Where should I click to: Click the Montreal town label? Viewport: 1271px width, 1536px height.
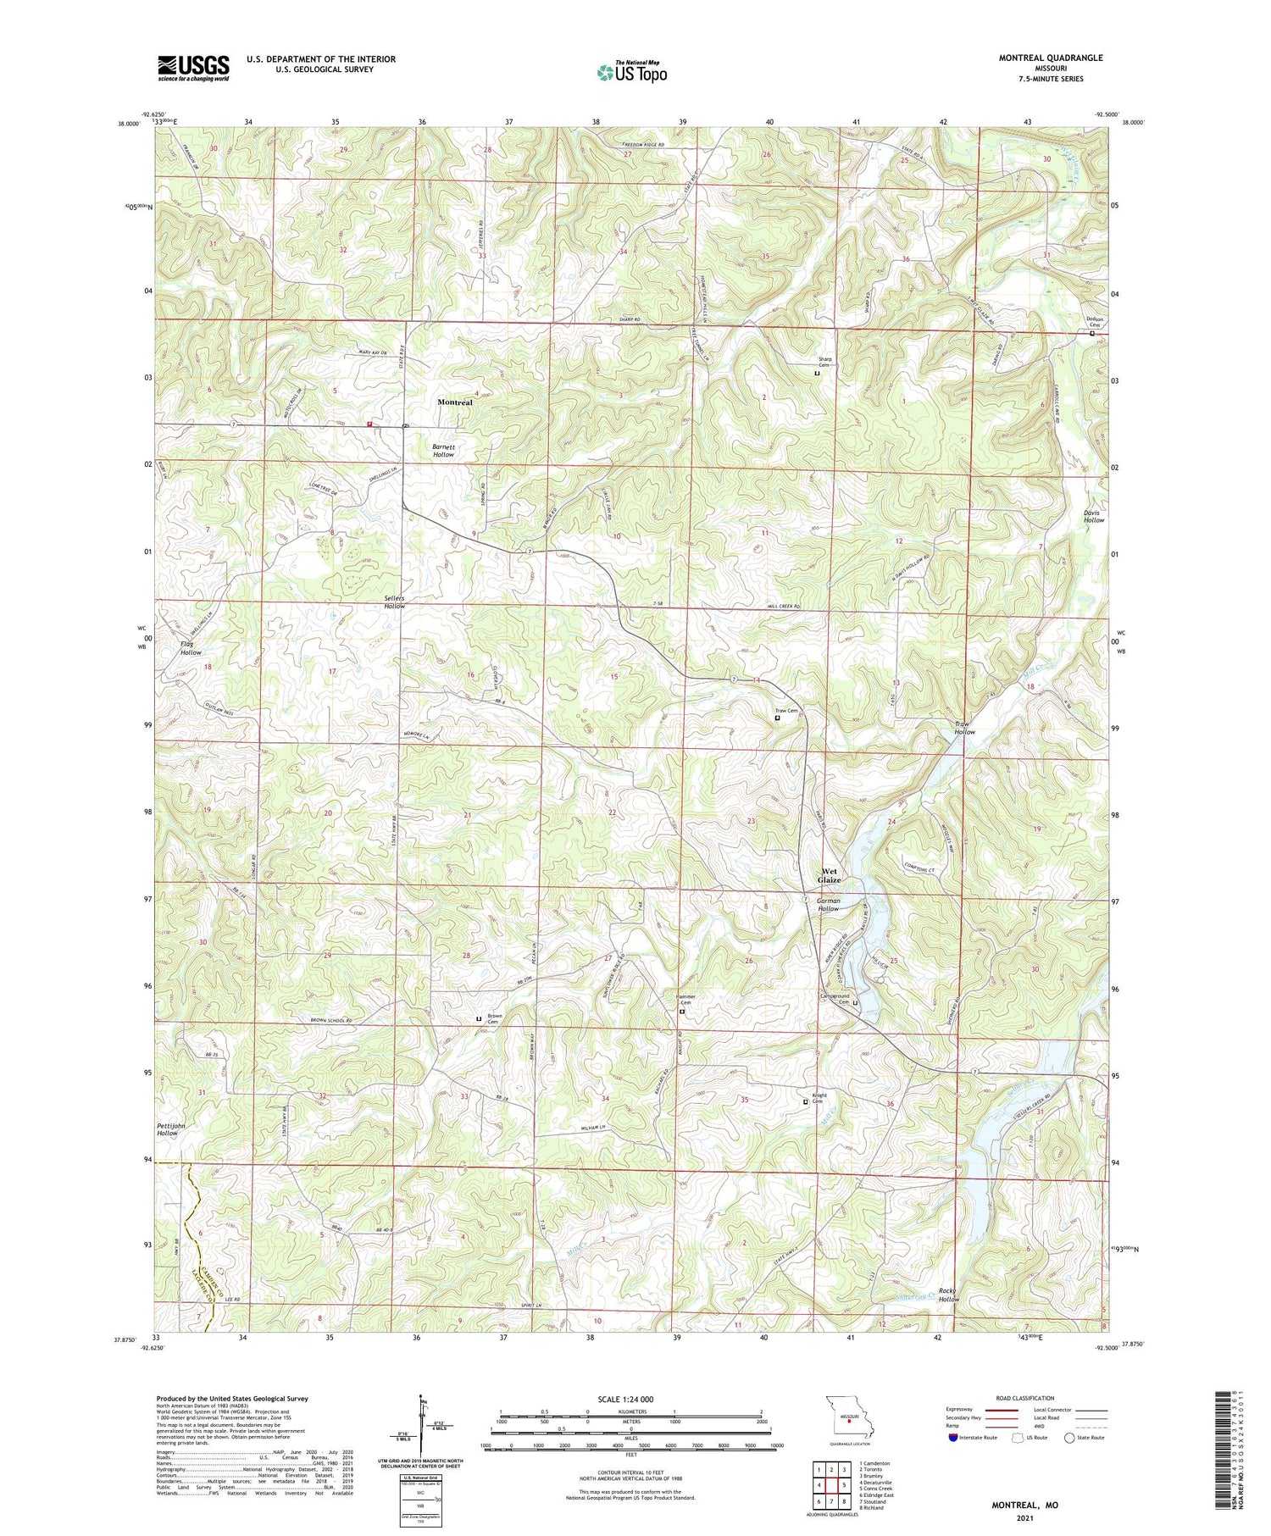[454, 402]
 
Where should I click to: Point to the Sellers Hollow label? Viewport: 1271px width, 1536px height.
[394, 602]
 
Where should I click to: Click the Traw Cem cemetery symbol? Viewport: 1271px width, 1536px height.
[778, 718]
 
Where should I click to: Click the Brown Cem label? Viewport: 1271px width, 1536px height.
[494, 1019]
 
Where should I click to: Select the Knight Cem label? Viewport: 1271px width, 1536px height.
[819, 1098]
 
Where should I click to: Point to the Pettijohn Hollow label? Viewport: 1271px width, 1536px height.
[168, 1129]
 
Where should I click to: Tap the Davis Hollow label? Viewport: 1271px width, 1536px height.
[1094, 516]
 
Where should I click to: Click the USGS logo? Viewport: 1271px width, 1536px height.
[193, 68]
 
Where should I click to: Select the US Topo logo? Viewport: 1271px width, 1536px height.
[631, 72]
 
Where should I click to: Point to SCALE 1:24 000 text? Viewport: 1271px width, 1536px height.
[630, 1399]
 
